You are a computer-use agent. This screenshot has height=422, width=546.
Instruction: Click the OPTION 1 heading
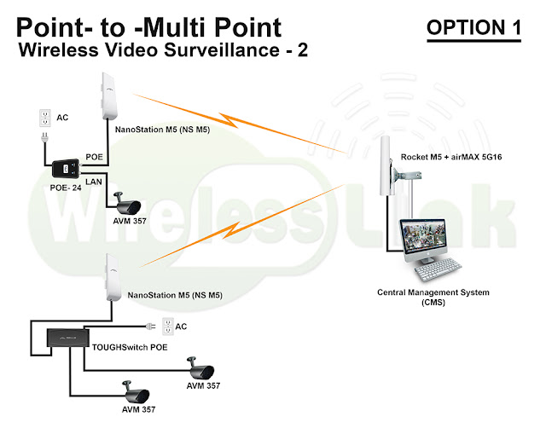pyautogui.click(x=473, y=27)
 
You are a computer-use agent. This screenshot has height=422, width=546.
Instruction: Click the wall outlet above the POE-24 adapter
pyautogui.click(x=45, y=119)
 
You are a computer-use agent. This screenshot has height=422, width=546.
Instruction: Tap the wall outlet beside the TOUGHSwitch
pyautogui.click(x=167, y=326)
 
